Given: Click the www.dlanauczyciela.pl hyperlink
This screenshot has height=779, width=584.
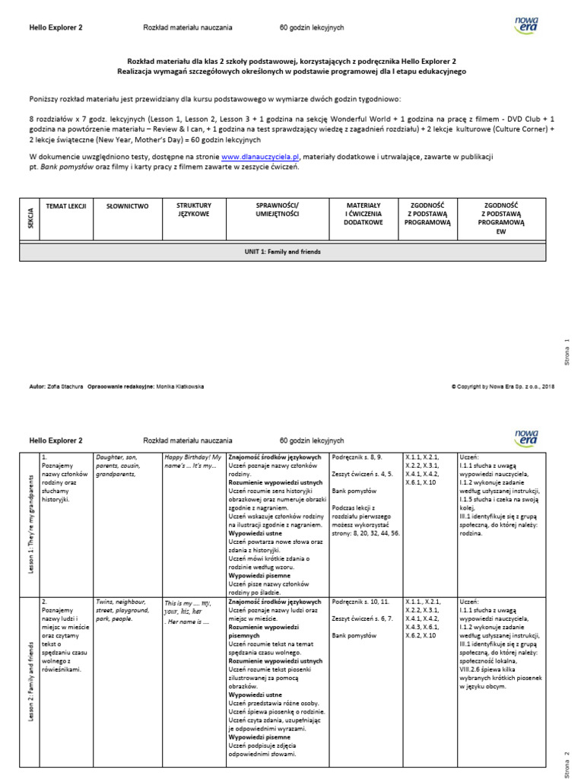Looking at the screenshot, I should [x=260, y=157].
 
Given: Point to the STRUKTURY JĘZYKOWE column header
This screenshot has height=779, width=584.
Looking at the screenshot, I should [x=194, y=210].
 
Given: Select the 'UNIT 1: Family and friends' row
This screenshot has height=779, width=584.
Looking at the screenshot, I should [x=283, y=251].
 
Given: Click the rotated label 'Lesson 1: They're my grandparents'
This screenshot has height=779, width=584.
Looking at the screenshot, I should [x=31, y=524].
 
